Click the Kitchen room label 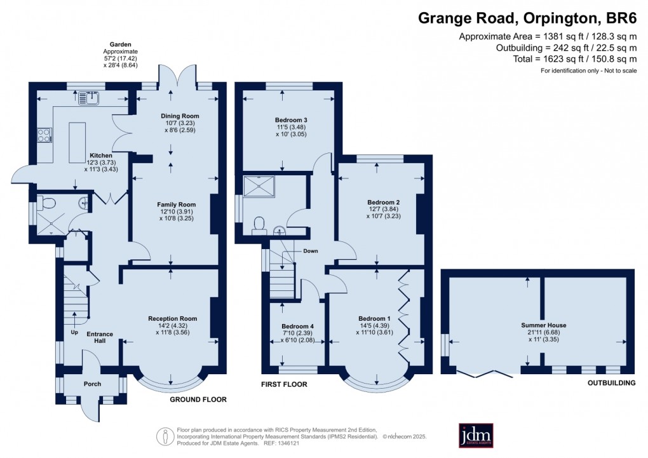pyautogui.click(x=101, y=155)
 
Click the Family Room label pyautogui.click(x=175, y=204)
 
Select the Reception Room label pyautogui.click(x=173, y=318)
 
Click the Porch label pyautogui.click(x=92, y=384)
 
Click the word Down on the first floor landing pyautogui.click(x=310, y=251)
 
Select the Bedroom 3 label pyautogui.click(x=291, y=119)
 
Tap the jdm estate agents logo pyautogui.click(x=480, y=435)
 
